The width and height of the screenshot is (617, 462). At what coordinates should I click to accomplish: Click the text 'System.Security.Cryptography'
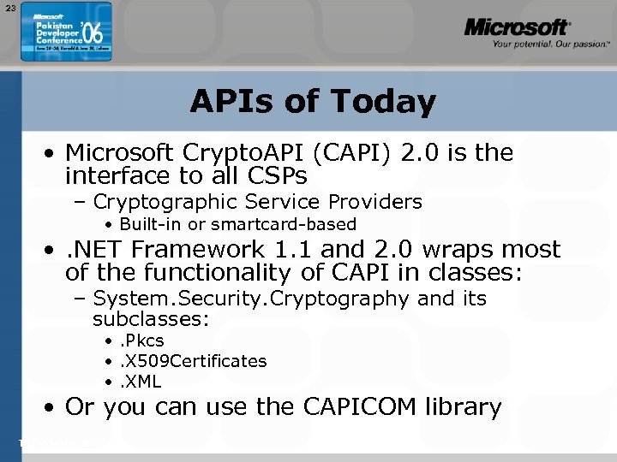tap(251, 299)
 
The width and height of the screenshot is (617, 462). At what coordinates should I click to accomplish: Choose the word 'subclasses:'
tap(151, 319)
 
